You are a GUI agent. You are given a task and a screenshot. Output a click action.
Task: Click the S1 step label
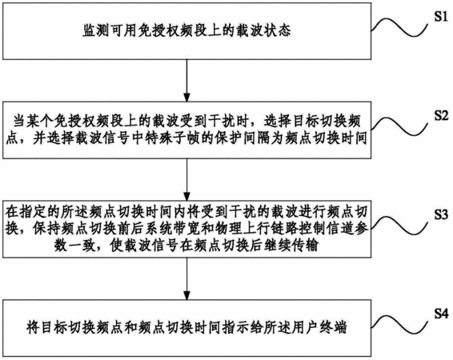[442, 17]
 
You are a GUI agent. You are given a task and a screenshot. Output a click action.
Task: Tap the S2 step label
[442, 116]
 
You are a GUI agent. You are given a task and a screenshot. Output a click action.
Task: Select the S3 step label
[442, 214]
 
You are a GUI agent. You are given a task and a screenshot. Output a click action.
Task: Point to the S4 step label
[442, 314]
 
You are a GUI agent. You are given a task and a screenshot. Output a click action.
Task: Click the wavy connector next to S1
[399, 27]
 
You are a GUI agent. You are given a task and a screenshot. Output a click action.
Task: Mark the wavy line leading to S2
[399, 126]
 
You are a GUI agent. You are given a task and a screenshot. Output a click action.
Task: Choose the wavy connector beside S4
[399, 324]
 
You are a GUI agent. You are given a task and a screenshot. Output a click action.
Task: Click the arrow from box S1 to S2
[187, 81]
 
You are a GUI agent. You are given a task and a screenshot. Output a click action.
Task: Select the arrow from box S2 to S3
[187, 179]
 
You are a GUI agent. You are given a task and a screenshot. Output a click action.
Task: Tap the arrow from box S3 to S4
[187, 278]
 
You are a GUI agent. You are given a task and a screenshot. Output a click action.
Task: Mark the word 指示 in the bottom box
[236, 327]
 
